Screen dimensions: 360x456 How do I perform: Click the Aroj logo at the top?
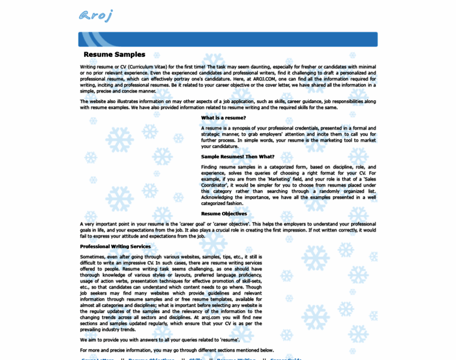(96, 15)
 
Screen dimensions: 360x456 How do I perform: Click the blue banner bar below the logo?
(228, 39)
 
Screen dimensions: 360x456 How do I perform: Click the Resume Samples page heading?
(114, 55)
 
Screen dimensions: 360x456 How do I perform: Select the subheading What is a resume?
(223, 118)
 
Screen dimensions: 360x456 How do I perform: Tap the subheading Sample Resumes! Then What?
(237, 157)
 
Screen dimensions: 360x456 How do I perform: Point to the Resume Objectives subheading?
(224, 214)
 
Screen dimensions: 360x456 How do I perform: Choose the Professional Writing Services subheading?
(115, 247)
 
